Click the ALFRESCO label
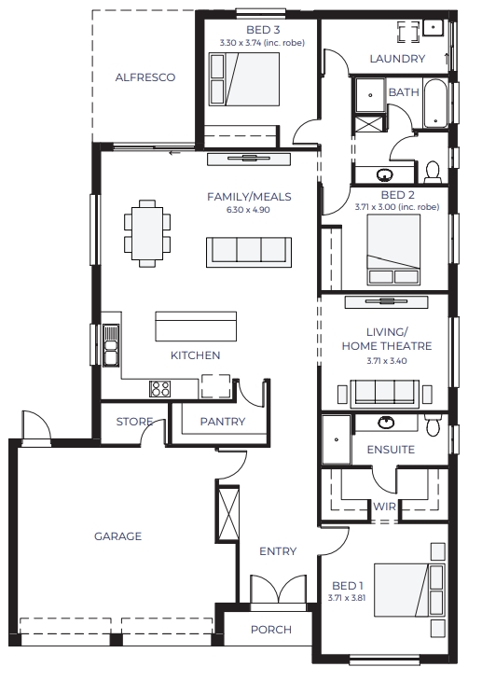pos(145,77)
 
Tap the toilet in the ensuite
pos(433,424)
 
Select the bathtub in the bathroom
pos(435,103)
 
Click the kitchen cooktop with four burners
pos(159,388)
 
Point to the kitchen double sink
pos(111,345)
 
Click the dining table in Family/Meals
pos(147,233)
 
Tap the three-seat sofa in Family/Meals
pos(248,252)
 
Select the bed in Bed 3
pos(244,79)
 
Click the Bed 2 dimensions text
pos(397,207)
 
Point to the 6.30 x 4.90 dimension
pos(248,210)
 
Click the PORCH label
pos(271,630)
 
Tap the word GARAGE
pos(117,536)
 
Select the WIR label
pos(384,507)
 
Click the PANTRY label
pos(222,422)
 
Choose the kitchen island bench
pos(196,327)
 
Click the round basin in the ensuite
pos(386,422)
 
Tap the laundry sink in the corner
pos(434,27)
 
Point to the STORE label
pos(134,422)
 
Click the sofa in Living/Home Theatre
pos(385,394)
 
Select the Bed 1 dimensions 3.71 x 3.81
pos(347,598)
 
